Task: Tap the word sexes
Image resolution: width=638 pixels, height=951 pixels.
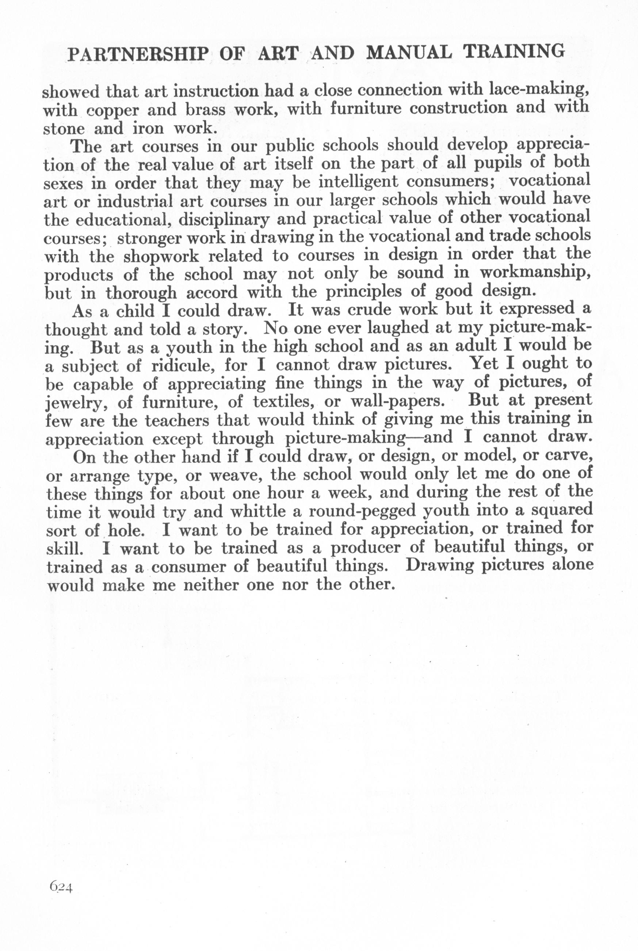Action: click(x=63, y=183)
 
